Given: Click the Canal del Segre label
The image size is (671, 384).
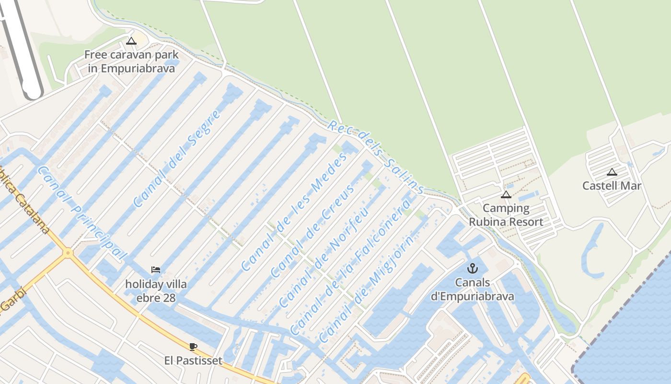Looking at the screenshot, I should coord(177,158).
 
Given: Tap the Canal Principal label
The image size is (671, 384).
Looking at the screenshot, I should coord(81,214).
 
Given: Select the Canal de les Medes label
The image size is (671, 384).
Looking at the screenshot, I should coord(293,212).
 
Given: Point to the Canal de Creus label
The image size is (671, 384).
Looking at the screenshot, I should coord(313,231).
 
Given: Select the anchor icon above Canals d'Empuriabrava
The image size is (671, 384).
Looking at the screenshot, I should coord(473,268).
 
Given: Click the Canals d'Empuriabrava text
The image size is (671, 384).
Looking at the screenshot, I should coord(473,289).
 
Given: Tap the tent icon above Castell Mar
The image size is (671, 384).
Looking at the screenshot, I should coord(612,172).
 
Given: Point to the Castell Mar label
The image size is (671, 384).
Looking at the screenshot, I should coord(612,186).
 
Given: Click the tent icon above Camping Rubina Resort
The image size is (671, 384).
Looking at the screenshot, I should coord(506,194).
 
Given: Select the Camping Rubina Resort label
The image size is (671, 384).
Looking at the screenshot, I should coord(506,215).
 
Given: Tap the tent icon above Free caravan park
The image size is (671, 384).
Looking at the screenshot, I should coord(131,41).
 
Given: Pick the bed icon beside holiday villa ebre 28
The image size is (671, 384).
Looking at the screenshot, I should coord(156,270).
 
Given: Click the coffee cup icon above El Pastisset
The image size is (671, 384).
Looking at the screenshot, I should coord(193,347).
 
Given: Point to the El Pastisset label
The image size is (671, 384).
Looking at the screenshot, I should coord(193,360).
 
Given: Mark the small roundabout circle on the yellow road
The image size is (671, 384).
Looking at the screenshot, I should coord(68,252).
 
